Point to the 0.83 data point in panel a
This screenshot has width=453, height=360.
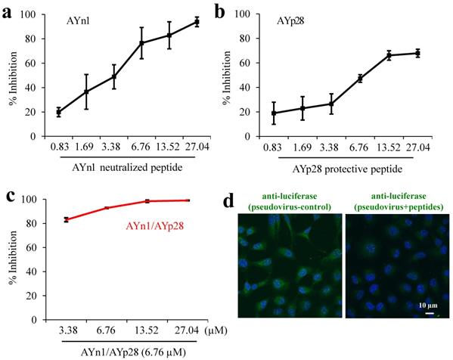pyautogui.click(x=59, y=112)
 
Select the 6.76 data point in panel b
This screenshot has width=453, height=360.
pyautogui.click(x=360, y=78)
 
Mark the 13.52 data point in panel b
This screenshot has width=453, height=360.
pyautogui.click(x=389, y=55)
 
